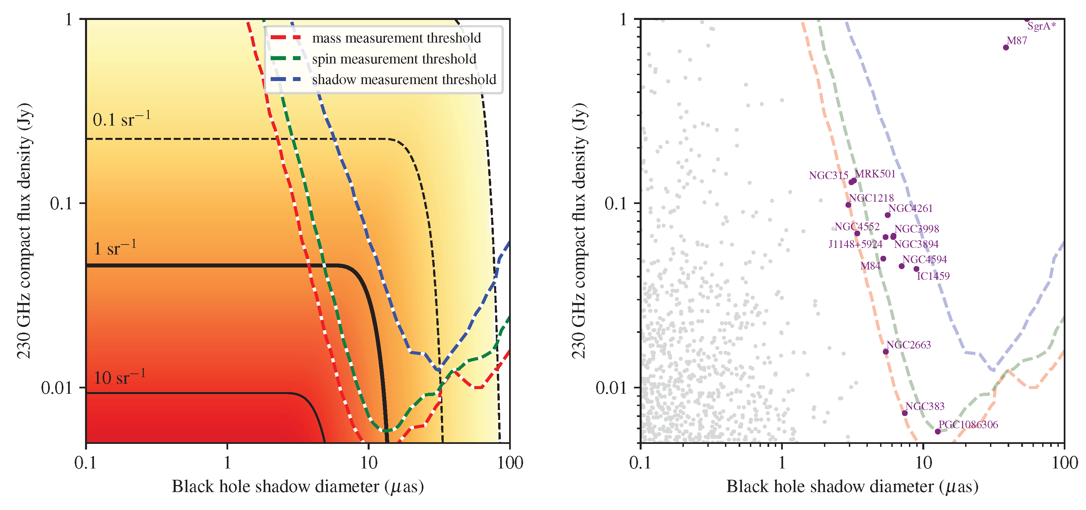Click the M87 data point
pyautogui.click(x=1006, y=47)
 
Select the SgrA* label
pyautogui.click(x=1041, y=27)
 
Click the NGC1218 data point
pyautogui.click(x=848, y=205)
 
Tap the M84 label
pyautogui.click(x=870, y=266)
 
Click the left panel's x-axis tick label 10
pyautogui.click(x=368, y=463)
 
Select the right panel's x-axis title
pyautogui.click(x=852, y=487)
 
